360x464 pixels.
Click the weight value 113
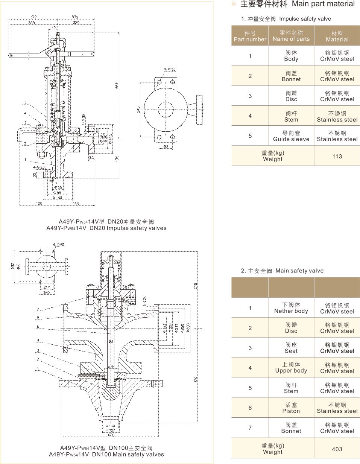coord(337,156)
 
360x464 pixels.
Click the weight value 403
coord(337,449)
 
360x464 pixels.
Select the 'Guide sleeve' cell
coord(291,136)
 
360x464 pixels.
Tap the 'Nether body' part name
coord(291,308)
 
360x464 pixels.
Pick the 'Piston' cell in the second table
coord(291,408)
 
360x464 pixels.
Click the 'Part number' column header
coord(250,36)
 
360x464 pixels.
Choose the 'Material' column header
coord(337,36)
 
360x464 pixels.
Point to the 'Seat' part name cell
coord(291,348)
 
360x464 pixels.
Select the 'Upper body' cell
coord(291,368)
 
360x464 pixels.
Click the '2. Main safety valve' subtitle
coord(282,271)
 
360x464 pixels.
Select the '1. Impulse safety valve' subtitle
coord(286,19)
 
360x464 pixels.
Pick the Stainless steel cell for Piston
coord(337,408)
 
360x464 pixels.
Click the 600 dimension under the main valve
coord(111,435)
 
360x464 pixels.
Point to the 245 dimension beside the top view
coord(138,110)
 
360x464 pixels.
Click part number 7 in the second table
coord(250,428)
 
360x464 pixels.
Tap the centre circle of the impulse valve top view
coord(166,110)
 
